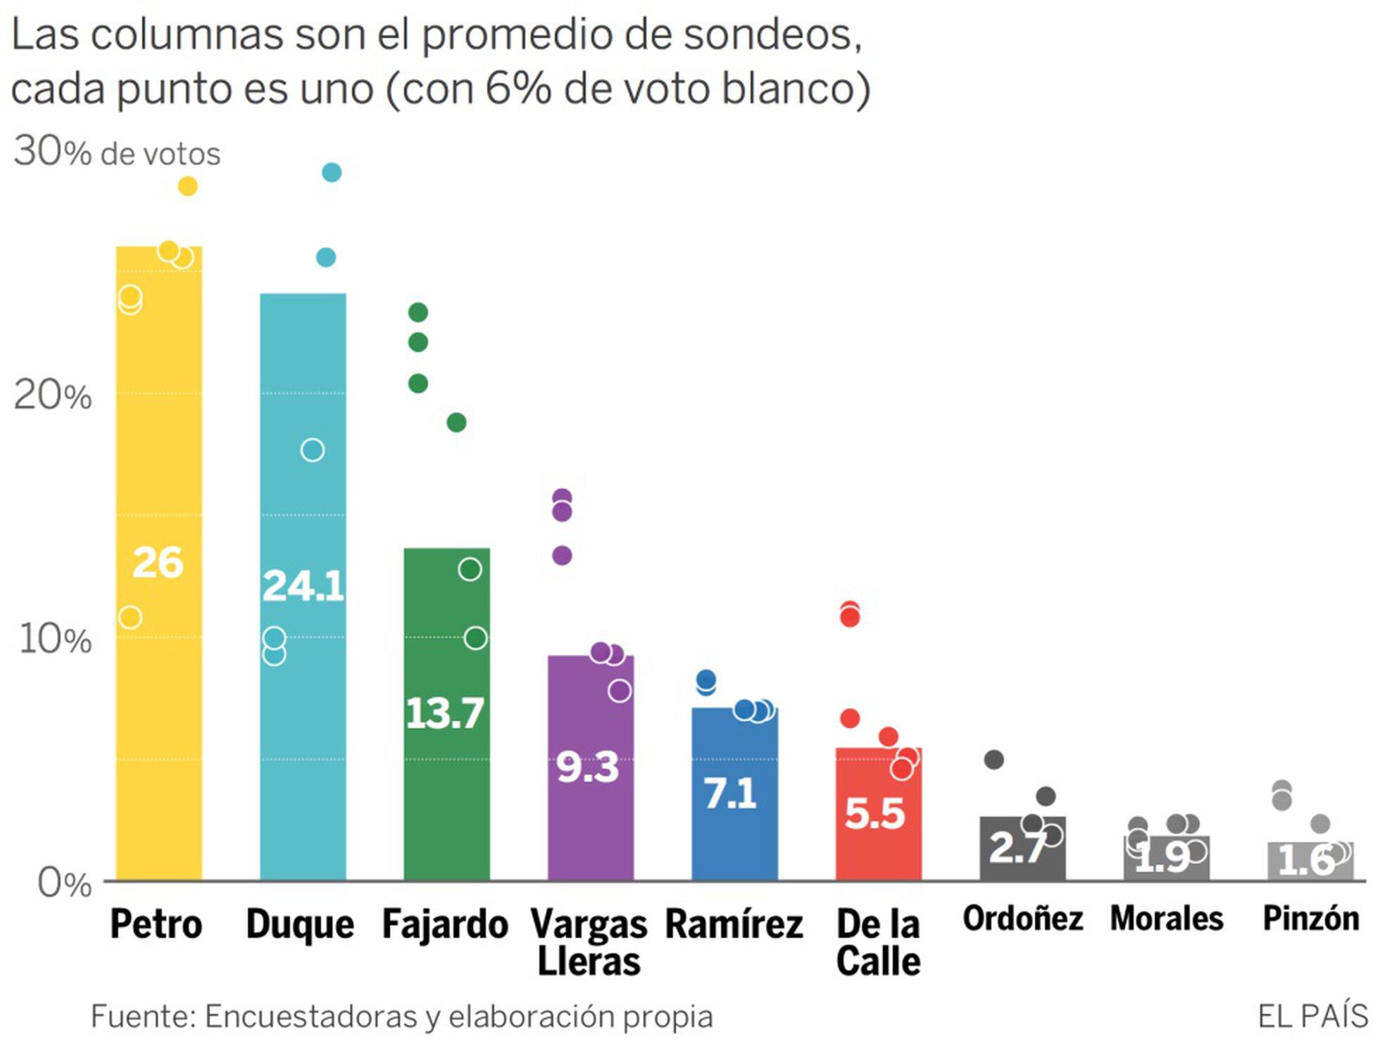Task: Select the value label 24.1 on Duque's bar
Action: coord(303,586)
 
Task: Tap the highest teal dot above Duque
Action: coord(332,173)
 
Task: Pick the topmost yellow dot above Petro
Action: coord(188,187)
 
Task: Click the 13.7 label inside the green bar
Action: coord(445,713)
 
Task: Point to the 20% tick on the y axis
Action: coord(53,396)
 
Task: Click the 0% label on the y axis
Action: coord(63,883)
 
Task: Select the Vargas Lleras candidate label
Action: coord(589,942)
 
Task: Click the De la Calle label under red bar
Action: coord(878,942)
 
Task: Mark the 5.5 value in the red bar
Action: coord(874,814)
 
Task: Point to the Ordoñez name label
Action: coord(1022,919)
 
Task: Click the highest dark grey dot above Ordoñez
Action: coord(993,760)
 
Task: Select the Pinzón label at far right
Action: coord(1310,919)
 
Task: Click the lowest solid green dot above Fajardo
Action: coord(456,423)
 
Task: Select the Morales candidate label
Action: coord(1167,919)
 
